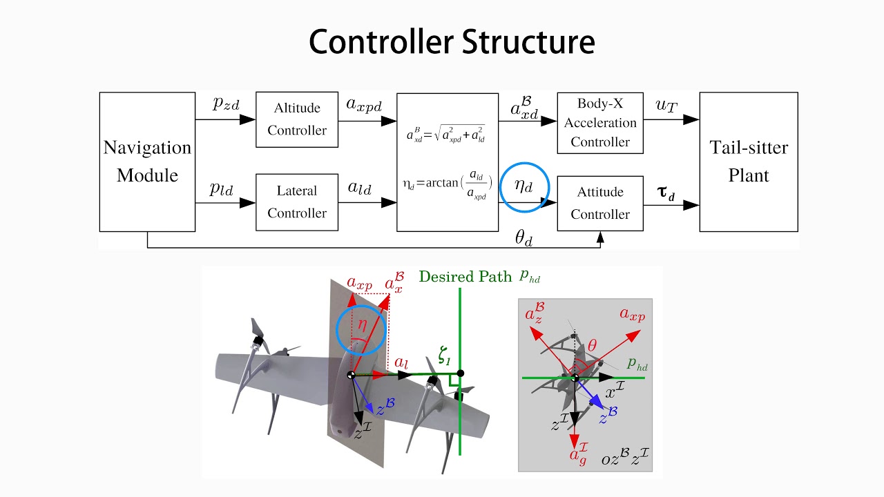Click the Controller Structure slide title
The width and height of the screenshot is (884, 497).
452,42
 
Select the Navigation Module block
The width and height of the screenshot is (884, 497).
147,162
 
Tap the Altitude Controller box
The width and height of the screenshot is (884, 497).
297,119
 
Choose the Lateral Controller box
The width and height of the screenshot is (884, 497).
297,202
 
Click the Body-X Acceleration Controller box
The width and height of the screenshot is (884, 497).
599,123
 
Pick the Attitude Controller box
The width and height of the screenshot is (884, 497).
599,203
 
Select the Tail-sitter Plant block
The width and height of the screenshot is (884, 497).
749,162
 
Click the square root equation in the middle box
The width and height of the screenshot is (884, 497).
445,134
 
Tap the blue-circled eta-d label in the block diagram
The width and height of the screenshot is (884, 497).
524,186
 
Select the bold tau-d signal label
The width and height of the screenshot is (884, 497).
666,193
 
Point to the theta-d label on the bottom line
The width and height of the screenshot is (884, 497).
524,238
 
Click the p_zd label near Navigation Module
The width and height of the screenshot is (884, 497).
225,104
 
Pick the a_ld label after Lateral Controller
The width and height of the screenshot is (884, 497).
360,188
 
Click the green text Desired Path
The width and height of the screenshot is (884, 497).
465,277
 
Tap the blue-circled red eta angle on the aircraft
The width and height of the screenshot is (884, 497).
362,322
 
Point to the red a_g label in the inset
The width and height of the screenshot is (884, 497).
577,456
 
